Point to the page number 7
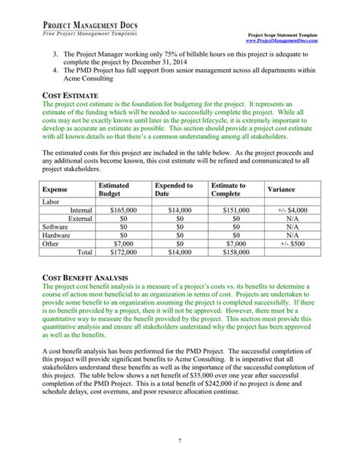(180, 441)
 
